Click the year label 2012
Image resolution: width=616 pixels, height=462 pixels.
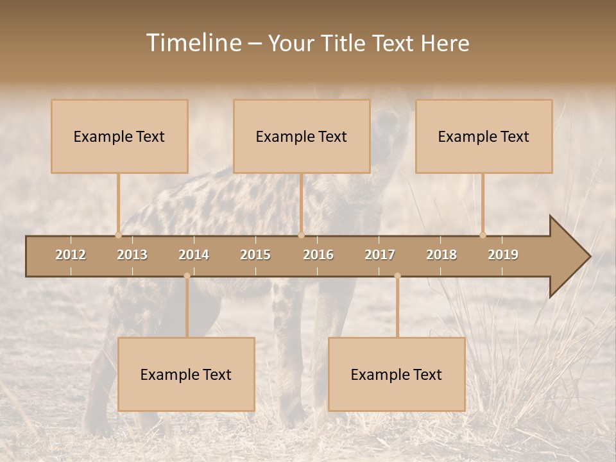point(71,255)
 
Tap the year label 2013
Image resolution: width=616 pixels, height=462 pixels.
point(132,255)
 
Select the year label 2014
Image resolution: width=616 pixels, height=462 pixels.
point(194,255)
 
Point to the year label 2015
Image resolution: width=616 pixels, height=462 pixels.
point(255,255)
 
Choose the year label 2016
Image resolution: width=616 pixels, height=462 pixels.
point(318,255)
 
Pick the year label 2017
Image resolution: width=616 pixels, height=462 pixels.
point(380,255)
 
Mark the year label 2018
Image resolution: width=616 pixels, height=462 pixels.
point(441,255)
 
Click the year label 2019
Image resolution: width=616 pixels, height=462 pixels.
point(503,255)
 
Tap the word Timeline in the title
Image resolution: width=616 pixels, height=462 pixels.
point(193,43)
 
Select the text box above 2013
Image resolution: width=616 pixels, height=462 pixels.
point(119,136)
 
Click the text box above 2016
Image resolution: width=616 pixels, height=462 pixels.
point(302,136)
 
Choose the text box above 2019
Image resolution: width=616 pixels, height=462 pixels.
point(484,136)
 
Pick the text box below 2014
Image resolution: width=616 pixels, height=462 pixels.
point(186,374)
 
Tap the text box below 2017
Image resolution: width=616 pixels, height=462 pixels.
point(397,374)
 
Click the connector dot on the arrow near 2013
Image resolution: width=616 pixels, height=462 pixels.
point(118,235)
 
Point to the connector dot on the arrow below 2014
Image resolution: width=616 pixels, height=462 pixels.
point(187,276)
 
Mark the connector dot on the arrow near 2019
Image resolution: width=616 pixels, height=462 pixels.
point(483,235)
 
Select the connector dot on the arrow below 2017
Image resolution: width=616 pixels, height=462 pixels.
point(397,276)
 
